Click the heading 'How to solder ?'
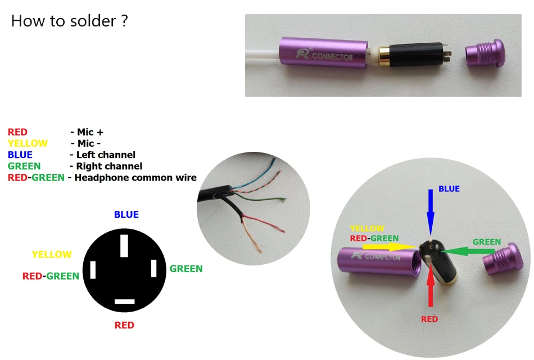[x=70, y=21]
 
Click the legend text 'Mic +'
[x=90, y=132]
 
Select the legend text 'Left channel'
[x=106, y=155]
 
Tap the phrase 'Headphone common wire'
[x=135, y=178]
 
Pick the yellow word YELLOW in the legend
[x=28, y=143]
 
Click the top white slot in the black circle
[x=124, y=245]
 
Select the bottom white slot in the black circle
[x=125, y=301]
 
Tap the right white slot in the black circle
[x=154, y=268]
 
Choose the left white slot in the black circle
[x=93, y=270]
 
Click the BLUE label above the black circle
[x=126, y=214]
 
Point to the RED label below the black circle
[x=124, y=325]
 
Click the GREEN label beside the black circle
[x=186, y=269]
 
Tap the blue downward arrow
[x=431, y=212]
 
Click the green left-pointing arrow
[x=468, y=251]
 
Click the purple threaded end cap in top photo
[x=485, y=53]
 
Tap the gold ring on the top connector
[x=384, y=55]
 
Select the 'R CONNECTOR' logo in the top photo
[x=324, y=55]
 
